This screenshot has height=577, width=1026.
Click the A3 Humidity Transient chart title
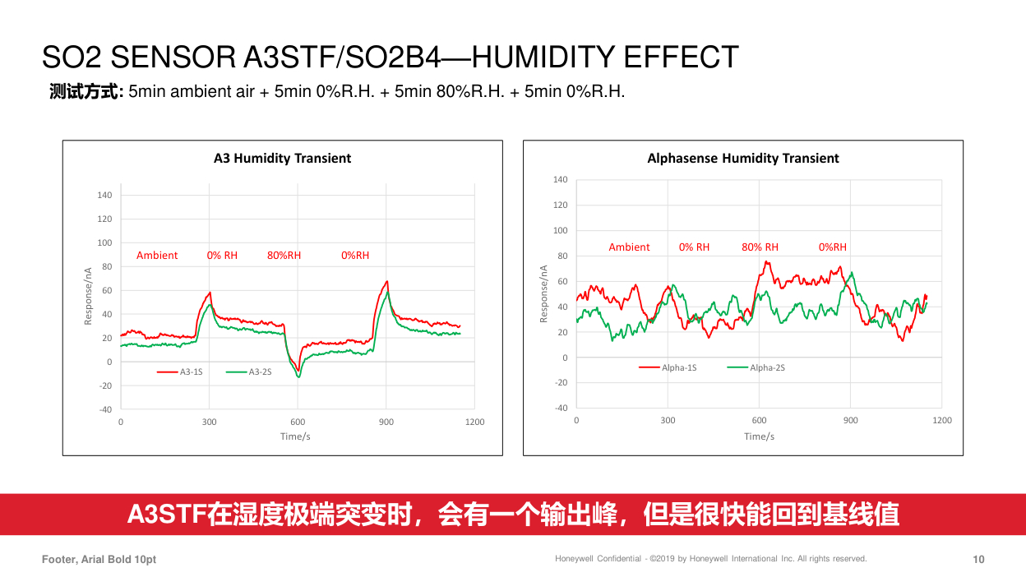click(282, 158)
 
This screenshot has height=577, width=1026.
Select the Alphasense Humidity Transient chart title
click(743, 158)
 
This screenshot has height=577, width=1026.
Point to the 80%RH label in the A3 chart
click(284, 256)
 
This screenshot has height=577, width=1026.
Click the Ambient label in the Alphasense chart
click(629, 247)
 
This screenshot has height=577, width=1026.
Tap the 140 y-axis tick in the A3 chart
click(104, 196)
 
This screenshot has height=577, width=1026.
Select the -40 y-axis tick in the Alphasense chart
click(560, 409)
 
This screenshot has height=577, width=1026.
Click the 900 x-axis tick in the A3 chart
click(386, 422)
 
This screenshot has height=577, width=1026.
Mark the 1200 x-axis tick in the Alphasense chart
click(942, 420)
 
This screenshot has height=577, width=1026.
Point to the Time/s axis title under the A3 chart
click(295, 436)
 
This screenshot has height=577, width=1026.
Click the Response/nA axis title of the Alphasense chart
click(543, 293)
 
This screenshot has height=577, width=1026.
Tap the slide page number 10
click(978, 560)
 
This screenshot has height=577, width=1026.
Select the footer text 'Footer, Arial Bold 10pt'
click(99, 560)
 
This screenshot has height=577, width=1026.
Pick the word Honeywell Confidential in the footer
click(598, 559)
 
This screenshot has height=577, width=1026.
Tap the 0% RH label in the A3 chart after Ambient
click(222, 256)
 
